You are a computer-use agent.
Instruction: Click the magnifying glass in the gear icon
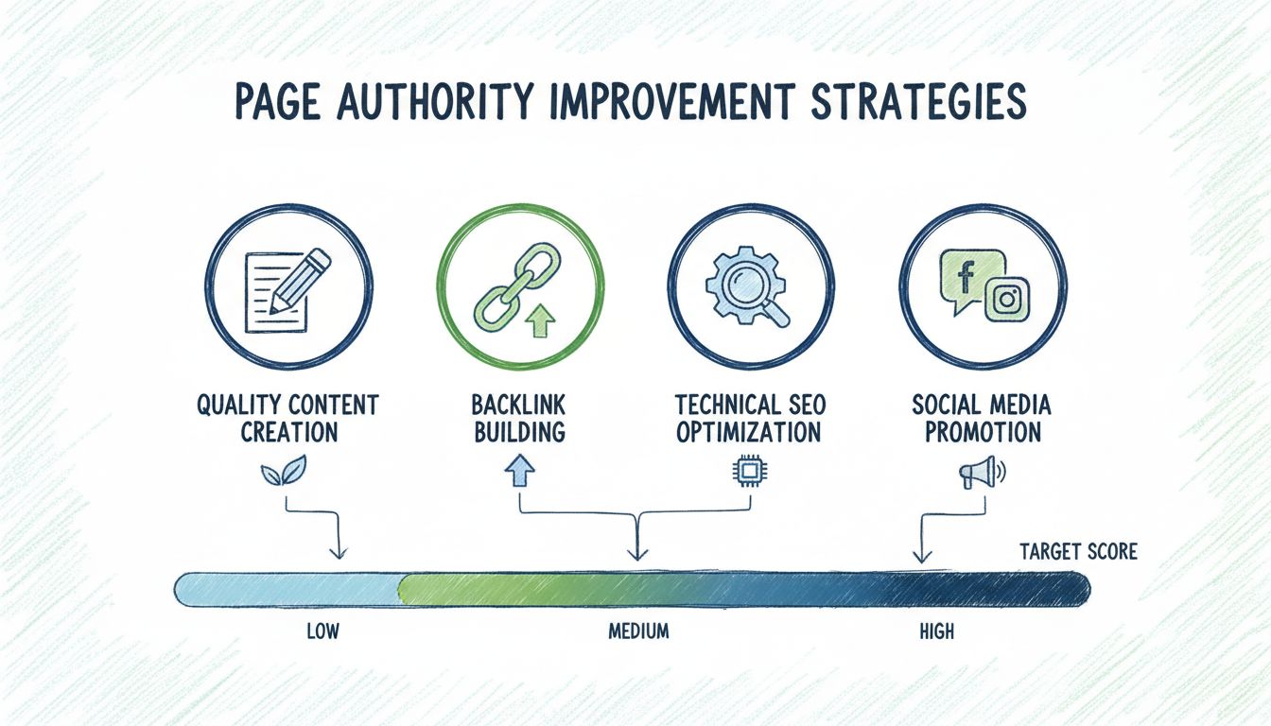pyautogui.click(x=752, y=287)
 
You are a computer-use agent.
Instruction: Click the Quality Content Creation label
pyautogui.click(x=287, y=419)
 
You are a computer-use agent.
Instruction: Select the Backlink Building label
pyautogui.click(x=517, y=419)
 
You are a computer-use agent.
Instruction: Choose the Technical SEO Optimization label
pyautogui.click(x=750, y=419)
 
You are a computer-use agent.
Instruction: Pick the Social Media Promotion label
pyautogui.click(x=982, y=419)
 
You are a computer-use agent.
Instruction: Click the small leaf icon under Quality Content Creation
pyautogui.click(x=284, y=471)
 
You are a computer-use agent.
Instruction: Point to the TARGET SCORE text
pyautogui.click(x=1078, y=551)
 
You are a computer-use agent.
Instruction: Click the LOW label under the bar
pyautogui.click(x=322, y=631)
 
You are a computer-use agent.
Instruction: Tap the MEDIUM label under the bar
pyautogui.click(x=638, y=631)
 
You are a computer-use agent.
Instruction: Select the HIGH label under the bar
pyautogui.click(x=937, y=631)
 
